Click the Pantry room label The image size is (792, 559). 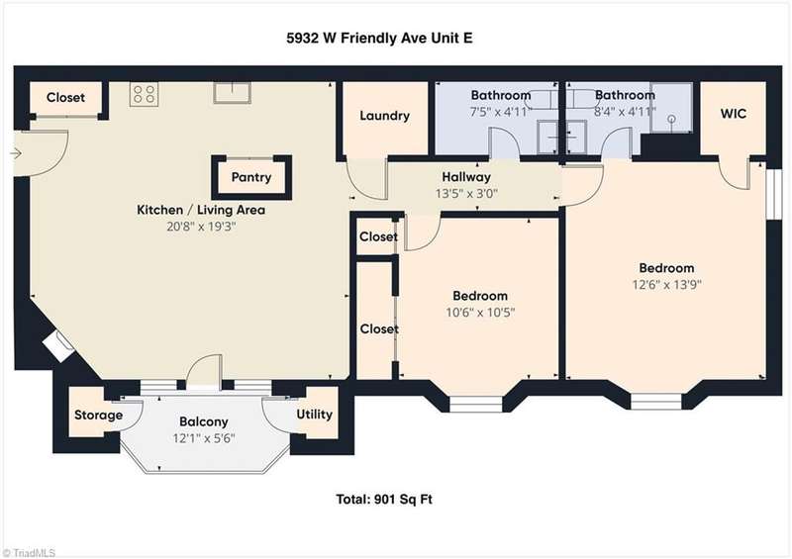[251, 177]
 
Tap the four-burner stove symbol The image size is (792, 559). [144, 94]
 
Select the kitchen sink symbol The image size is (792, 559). [232, 93]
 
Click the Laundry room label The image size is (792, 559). [384, 116]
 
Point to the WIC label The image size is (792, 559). [733, 114]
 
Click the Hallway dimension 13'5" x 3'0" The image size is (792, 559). [466, 193]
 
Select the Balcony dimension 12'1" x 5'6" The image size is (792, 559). [204, 438]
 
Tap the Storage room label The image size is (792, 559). [98, 416]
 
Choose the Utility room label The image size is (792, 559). [314, 415]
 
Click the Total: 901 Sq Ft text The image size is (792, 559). [384, 500]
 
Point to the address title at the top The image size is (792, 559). [379, 39]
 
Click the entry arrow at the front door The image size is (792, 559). [16, 153]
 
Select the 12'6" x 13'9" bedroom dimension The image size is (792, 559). [666, 285]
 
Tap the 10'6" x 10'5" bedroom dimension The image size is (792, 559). [480, 313]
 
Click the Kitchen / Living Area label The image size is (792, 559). [201, 210]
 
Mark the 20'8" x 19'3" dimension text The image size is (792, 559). [202, 227]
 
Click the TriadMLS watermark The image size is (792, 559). [29, 553]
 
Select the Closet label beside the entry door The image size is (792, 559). [65, 98]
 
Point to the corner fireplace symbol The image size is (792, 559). [58, 346]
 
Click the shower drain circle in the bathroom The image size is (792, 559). [672, 119]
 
